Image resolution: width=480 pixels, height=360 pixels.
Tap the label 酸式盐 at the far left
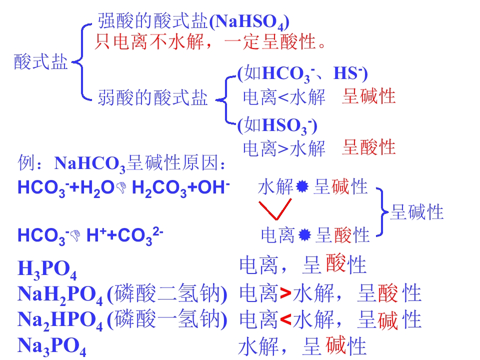[x=40, y=62]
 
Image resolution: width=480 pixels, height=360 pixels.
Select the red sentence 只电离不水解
[x=149, y=41]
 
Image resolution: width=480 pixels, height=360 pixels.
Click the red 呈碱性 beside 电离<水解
[x=368, y=96]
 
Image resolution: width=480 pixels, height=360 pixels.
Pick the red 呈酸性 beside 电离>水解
[x=368, y=147]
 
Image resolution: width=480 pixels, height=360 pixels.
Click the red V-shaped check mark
[x=275, y=209]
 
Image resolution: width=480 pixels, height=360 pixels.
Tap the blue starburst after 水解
[x=302, y=186]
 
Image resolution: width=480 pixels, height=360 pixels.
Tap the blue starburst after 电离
[x=304, y=235]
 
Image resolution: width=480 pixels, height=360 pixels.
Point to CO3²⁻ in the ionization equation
[x=140, y=236]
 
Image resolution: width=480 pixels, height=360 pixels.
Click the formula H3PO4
[x=47, y=269]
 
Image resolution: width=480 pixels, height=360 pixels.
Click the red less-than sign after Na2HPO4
[x=285, y=319]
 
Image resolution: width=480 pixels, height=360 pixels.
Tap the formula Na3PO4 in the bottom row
[x=51, y=346]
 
